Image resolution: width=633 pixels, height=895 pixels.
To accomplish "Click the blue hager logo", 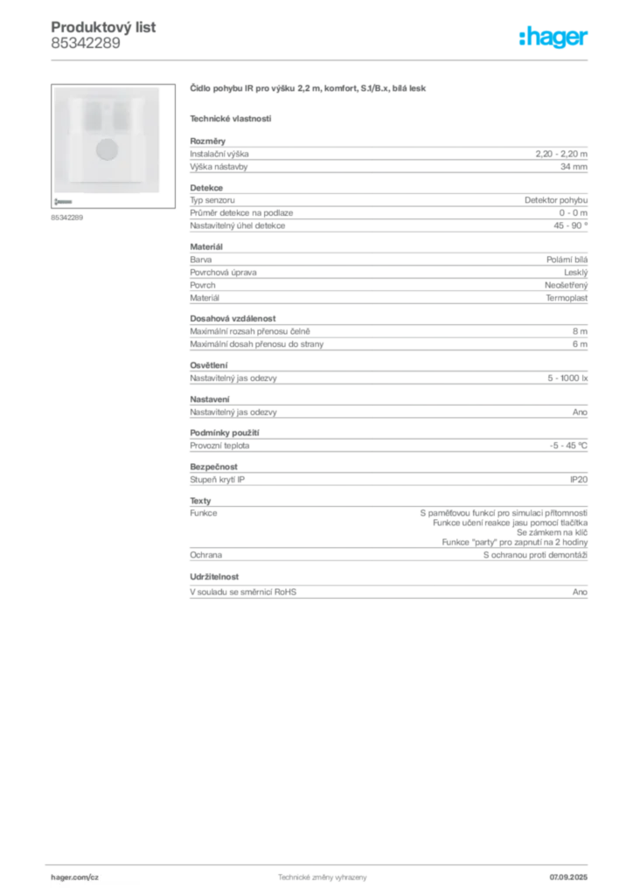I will [x=555, y=38].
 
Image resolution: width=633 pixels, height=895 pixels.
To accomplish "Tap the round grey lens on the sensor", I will [x=107, y=148].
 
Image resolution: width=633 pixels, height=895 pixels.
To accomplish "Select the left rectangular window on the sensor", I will [x=88, y=114].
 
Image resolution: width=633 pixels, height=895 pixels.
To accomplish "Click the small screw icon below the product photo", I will [x=63, y=200].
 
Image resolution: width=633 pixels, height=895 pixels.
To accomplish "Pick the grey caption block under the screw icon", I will [x=66, y=218].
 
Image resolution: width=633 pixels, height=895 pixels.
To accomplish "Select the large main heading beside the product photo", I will [x=310, y=89].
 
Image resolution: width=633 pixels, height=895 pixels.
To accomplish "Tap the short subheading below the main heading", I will [x=231, y=118].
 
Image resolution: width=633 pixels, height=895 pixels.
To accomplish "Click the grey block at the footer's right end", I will [x=572, y=872].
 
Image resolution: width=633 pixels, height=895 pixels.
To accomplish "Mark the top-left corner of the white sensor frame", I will [x=53, y=87].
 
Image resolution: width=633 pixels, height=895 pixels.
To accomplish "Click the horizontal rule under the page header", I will [x=322, y=59].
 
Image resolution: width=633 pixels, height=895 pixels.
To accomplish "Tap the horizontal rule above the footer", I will [x=322, y=861].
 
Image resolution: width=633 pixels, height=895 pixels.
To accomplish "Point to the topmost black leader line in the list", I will [x=376, y=200].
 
